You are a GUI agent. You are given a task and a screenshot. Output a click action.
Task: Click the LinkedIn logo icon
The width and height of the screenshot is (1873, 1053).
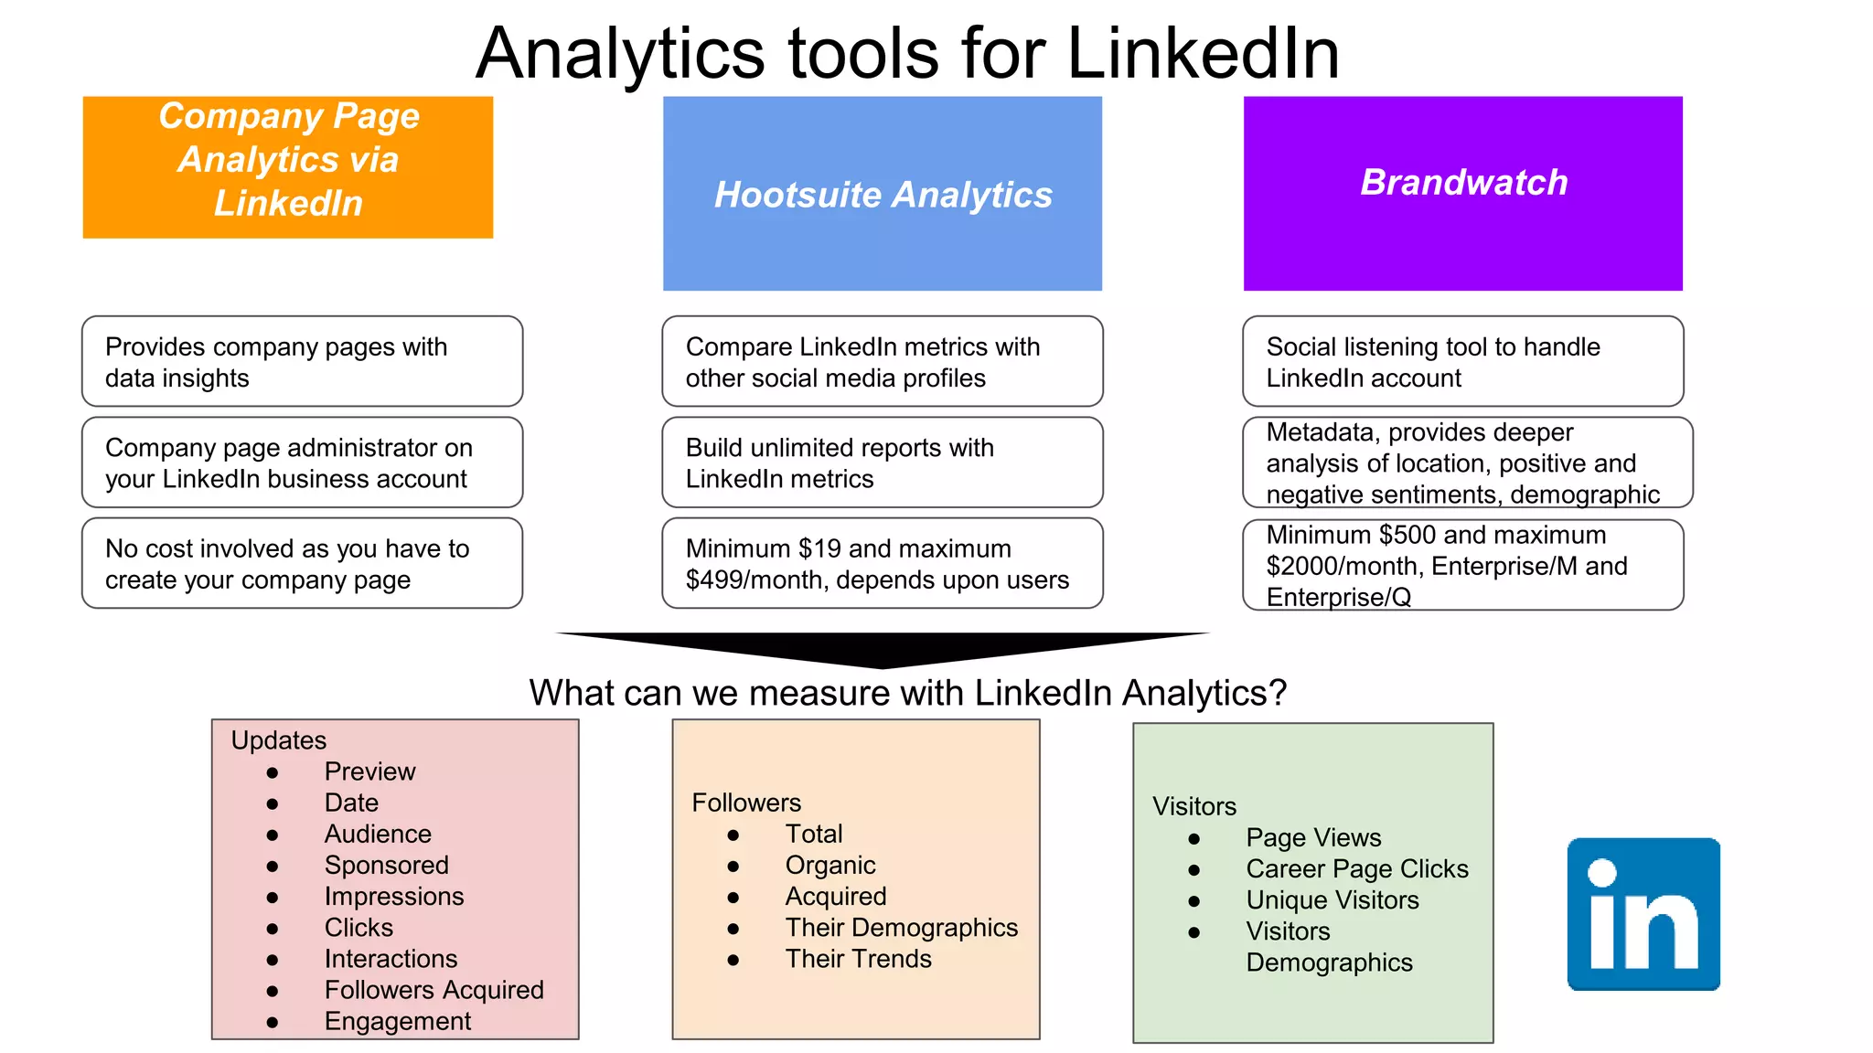tap(1643, 914)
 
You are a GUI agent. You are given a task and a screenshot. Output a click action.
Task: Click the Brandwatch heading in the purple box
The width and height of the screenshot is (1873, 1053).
tap(1463, 182)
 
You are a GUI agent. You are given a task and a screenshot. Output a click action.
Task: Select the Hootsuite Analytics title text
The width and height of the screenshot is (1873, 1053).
tap(883, 195)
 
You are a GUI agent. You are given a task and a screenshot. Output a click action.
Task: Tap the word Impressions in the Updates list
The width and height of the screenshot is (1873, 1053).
tap(393, 896)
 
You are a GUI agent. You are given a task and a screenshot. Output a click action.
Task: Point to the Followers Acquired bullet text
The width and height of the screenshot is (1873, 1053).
tap(433, 990)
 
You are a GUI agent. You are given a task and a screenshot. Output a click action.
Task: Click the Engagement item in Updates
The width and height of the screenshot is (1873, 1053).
tap(397, 1021)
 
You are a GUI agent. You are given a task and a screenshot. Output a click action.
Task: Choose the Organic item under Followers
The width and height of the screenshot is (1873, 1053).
tap(829, 865)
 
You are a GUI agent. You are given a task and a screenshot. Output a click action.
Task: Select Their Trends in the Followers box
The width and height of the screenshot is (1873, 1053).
tap(858, 959)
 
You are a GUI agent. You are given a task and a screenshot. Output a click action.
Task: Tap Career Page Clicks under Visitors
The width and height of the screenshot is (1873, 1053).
tap(1356, 868)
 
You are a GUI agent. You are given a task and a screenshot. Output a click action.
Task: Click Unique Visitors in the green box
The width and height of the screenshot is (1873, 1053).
tap(1332, 900)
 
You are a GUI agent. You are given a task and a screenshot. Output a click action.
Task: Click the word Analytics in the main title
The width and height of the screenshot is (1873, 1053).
tap(620, 53)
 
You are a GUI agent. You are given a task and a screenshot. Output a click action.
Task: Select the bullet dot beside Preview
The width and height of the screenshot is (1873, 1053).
tap(273, 773)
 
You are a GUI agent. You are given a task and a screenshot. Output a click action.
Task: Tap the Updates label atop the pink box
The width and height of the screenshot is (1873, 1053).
tap(278, 740)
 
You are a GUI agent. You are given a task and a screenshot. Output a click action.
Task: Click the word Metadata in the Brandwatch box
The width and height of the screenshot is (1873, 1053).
tap(1323, 432)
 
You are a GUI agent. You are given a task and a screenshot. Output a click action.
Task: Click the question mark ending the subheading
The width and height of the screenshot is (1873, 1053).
tap(1277, 693)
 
